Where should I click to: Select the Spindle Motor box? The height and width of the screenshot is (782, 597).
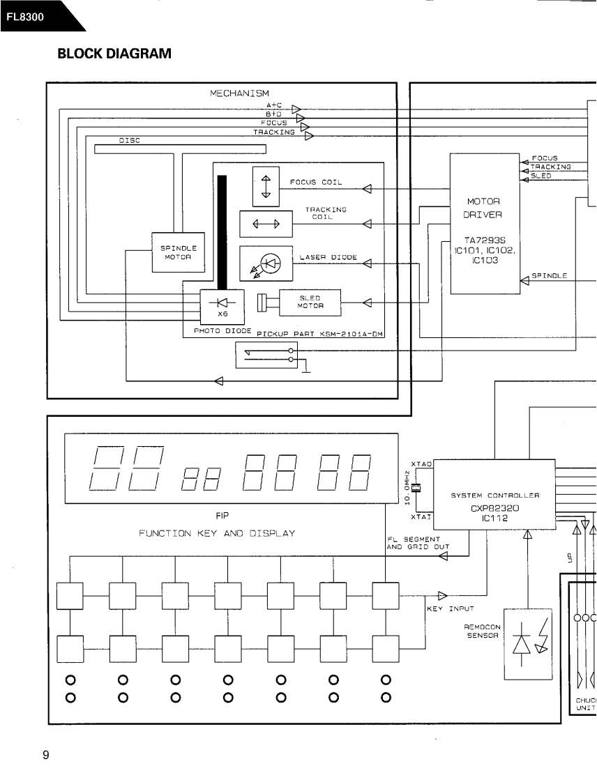[x=179, y=252]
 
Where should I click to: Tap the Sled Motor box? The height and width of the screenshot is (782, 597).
[x=310, y=303]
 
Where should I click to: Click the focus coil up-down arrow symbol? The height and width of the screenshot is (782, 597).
[x=265, y=187]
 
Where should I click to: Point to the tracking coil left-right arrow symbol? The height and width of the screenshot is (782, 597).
[x=265, y=224]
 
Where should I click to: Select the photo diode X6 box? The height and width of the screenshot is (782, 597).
[x=221, y=305]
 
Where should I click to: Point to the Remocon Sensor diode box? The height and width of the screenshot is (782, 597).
[x=527, y=641]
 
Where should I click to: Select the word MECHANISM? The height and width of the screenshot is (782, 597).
[x=239, y=93]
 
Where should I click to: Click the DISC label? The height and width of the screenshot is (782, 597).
[x=130, y=140]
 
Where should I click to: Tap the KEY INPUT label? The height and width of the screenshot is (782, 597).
[x=451, y=608]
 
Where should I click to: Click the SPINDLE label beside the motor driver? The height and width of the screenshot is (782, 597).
[x=549, y=276]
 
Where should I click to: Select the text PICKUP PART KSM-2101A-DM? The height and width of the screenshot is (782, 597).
[x=320, y=334]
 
